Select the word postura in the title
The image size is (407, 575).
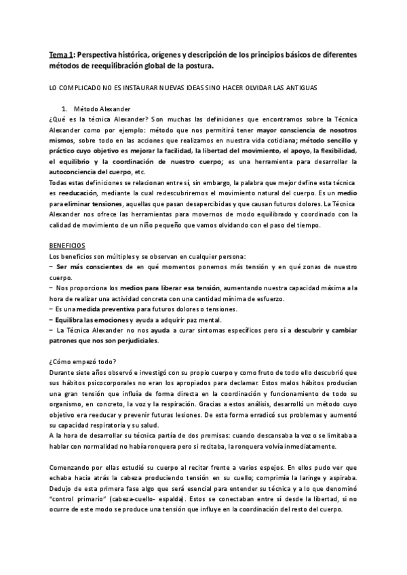(x=202, y=66)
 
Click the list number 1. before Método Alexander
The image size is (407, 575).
(x=64, y=109)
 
